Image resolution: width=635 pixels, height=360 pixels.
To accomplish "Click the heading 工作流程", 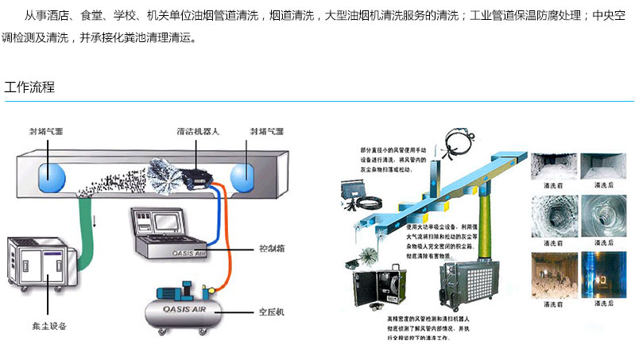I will [x=29, y=87].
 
